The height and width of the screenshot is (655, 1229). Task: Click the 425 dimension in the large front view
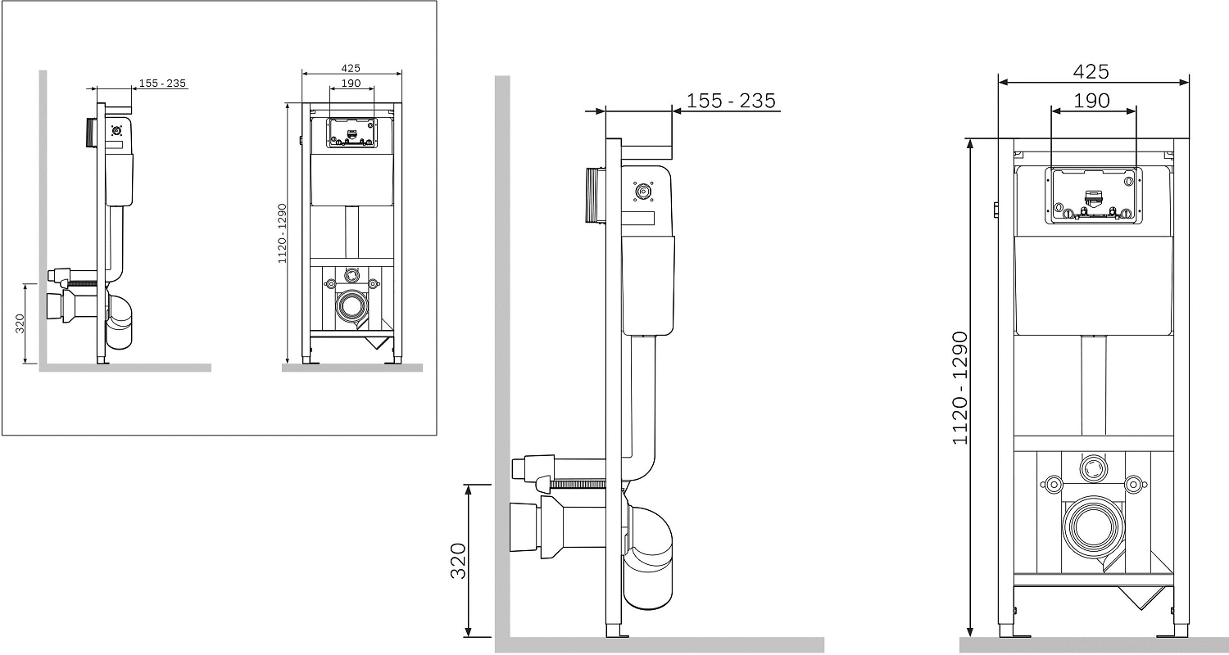[1091, 71]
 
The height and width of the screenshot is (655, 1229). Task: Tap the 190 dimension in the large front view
[1091, 101]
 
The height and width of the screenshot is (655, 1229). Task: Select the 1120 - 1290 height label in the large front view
[960, 387]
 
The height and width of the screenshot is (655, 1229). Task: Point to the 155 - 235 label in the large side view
[731, 101]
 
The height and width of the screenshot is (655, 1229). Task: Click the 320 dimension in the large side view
[458, 561]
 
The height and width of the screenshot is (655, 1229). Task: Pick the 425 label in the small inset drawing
[351, 68]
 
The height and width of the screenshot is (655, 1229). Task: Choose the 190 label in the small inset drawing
[351, 84]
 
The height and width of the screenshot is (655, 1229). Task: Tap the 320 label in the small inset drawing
[19, 323]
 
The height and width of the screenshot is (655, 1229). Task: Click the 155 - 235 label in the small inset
[162, 84]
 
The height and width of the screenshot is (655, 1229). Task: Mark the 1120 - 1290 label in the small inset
[282, 233]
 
